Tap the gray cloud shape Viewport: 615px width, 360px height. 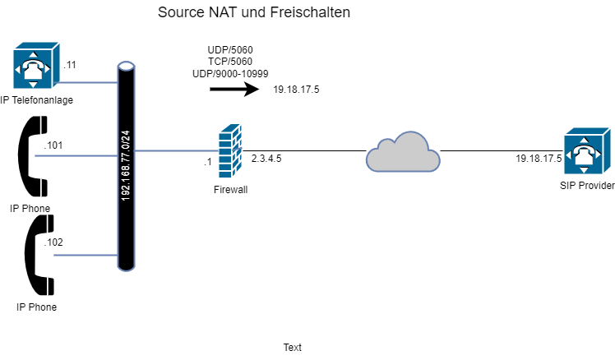402,153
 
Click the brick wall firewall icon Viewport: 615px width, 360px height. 230,151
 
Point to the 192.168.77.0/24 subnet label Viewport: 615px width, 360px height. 126,165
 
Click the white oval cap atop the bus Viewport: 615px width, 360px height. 126,67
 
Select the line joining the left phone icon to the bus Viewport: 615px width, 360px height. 89,82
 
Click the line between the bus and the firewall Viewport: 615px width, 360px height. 176,150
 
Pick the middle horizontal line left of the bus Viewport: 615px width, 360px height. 76,155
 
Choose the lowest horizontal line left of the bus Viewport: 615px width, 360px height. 85,255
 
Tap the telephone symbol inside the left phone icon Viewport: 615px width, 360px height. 32,69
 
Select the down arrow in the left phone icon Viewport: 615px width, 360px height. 32,84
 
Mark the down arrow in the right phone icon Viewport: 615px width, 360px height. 583,170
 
